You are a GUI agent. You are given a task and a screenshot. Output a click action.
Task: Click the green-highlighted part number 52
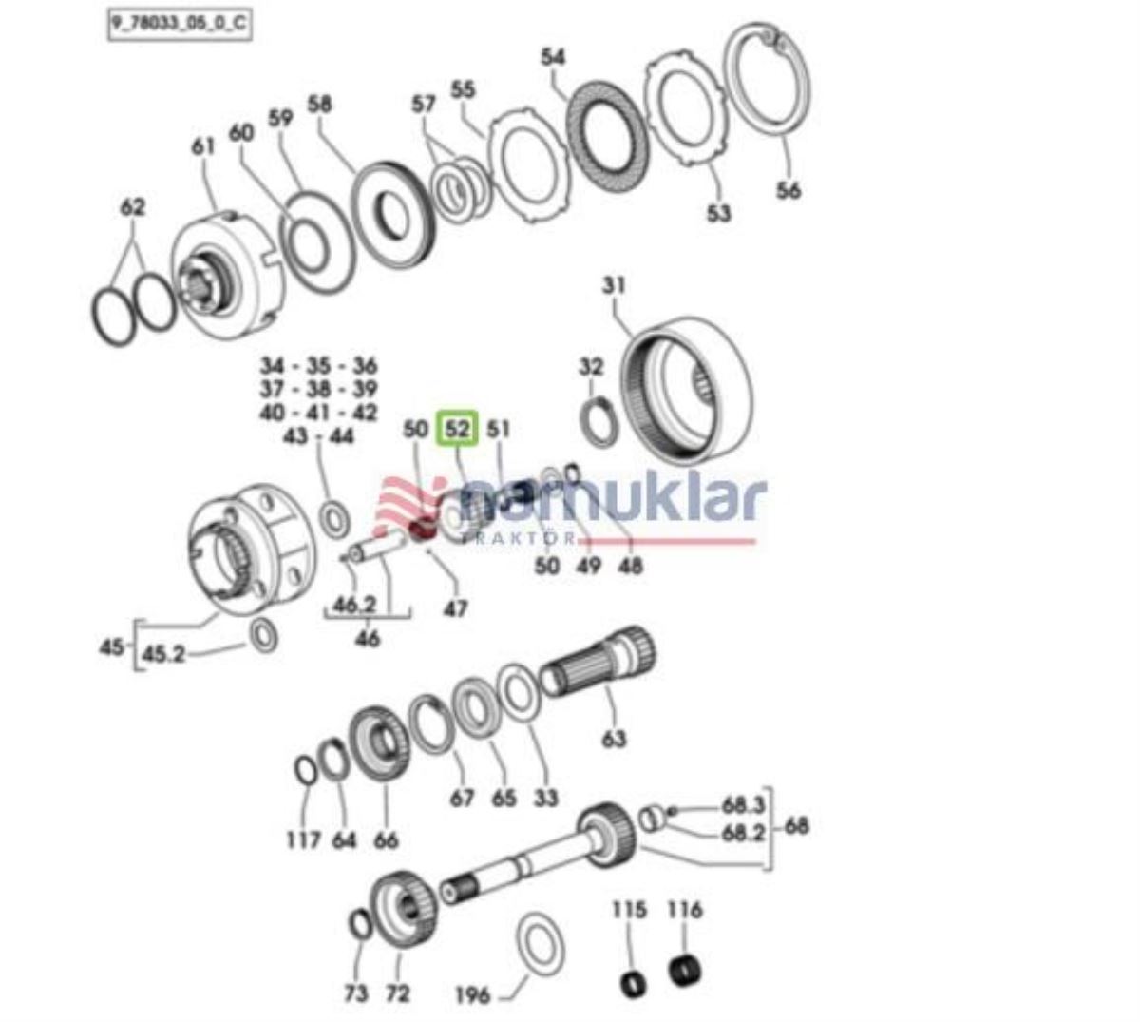pos(458,429)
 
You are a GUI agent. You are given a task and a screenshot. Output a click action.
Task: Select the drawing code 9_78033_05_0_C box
pos(178,24)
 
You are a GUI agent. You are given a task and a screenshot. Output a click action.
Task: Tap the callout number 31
pos(615,284)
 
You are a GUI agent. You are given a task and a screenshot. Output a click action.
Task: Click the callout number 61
pos(203,146)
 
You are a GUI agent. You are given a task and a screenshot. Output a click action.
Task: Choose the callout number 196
pos(472,995)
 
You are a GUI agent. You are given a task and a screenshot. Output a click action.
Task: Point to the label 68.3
pos(743,806)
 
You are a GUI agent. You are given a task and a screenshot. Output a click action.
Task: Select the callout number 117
pos(303,840)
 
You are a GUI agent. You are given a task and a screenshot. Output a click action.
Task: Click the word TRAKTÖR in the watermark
pos(518,538)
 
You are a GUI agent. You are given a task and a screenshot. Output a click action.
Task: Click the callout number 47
pos(456,607)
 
